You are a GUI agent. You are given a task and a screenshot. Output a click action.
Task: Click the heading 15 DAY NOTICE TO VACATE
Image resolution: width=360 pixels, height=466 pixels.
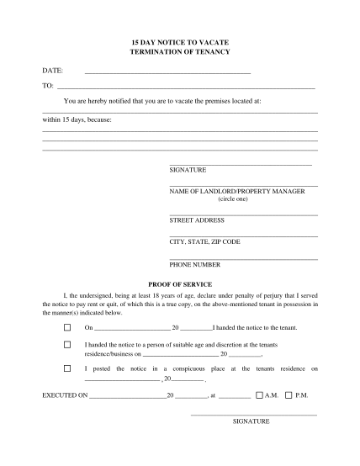tap(179, 40)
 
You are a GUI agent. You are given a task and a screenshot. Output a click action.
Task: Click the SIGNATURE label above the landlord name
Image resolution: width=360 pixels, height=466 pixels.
tap(188, 170)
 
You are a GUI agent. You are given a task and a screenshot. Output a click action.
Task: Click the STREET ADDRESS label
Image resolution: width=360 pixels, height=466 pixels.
tap(197, 220)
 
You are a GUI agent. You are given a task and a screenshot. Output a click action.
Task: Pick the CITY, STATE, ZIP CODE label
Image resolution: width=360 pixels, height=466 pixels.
tap(204, 241)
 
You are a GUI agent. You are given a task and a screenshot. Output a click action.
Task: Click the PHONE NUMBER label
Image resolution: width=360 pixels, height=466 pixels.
tap(195, 264)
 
